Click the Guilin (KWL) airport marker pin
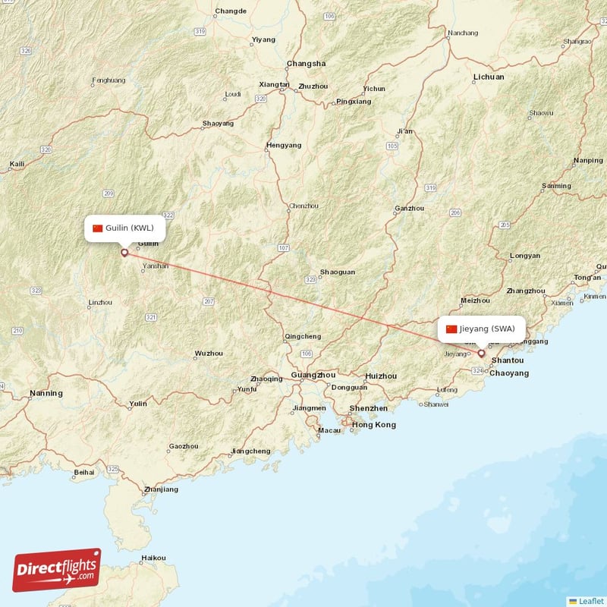pyautogui.click(x=124, y=252)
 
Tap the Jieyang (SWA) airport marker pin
pyautogui.click(x=481, y=353)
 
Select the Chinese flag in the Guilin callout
pyautogui.click(x=97, y=228)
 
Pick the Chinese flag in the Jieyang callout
pyautogui.click(x=451, y=329)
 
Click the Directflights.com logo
pyautogui.click(x=57, y=570)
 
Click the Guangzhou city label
pyautogui.click(x=313, y=375)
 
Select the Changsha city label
pyautogui.click(x=306, y=64)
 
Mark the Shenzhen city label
pyautogui.click(x=369, y=408)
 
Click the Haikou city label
pyautogui.click(x=153, y=558)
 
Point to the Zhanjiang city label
pyautogui.click(x=161, y=489)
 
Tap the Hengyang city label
pyautogui.click(x=284, y=145)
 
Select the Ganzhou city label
pyautogui.click(x=410, y=209)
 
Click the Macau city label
pyautogui.click(x=329, y=430)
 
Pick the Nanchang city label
pyautogui.click(x=463, y=33)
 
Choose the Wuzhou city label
pyautogui.click(x=209, y=353)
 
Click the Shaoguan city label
pyautogui.click(x=337, y=272)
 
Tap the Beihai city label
pyautogui.click(x=83, y=473)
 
